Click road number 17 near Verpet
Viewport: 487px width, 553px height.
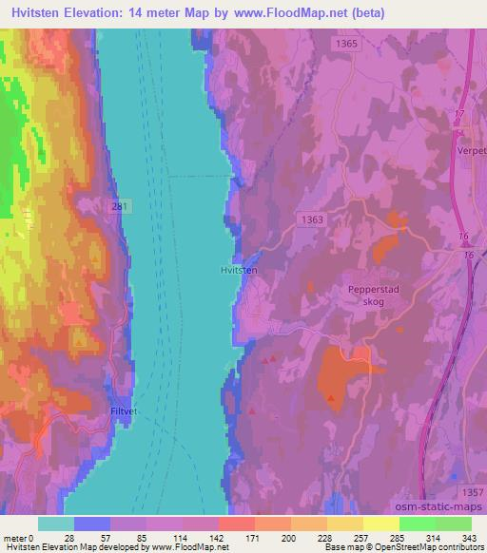point(459,115)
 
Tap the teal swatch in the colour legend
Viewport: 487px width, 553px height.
point(56,524)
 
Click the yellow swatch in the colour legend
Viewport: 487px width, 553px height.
point(381,524)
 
